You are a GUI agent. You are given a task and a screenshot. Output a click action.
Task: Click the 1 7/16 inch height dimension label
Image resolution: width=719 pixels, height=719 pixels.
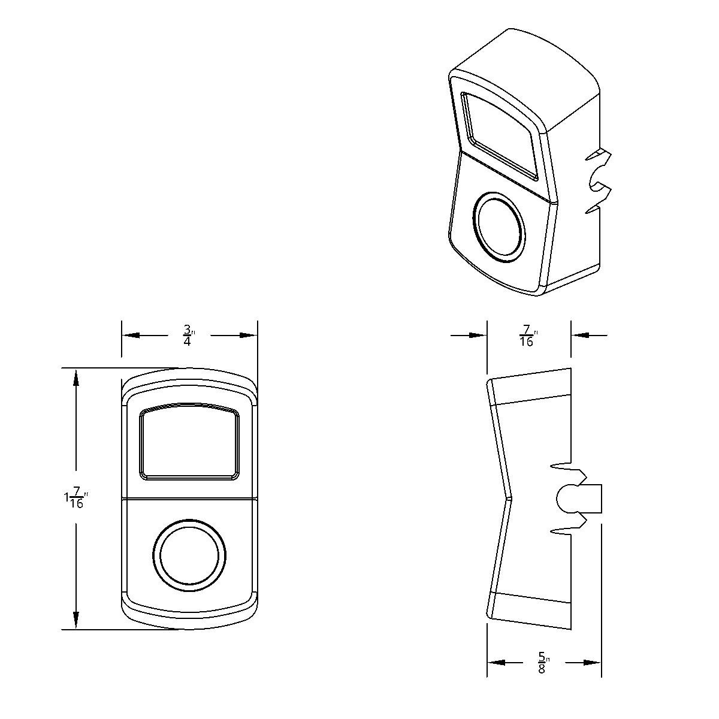pyautogui.click(x=76, y=499)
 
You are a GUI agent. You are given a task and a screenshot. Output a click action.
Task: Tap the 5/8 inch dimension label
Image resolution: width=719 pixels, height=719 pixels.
pyautogui.click(x=542, y=662)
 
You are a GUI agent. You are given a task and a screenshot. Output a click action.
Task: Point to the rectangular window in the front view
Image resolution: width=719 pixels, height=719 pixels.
pyautogui.click(x=190, y=443)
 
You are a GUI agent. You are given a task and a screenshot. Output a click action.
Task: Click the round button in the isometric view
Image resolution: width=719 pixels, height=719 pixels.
pyautogui.click(x=499, y=226)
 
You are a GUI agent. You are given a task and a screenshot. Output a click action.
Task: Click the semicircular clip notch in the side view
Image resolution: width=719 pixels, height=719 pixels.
pyautogui.click(x=566, y=498)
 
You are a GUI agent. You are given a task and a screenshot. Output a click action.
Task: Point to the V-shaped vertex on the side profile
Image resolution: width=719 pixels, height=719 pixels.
pyautogui.click(x=510, y=497)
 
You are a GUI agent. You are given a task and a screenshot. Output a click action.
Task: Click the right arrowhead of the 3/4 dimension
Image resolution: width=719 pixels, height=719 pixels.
pyautogui.click(x=249, y=336)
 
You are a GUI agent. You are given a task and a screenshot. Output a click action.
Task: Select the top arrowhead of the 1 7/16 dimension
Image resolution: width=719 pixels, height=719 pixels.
pyautogui.click(x=76, y=377)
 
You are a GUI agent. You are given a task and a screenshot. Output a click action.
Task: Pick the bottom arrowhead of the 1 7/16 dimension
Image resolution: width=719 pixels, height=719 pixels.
pyautogui.click(x=76, y=620)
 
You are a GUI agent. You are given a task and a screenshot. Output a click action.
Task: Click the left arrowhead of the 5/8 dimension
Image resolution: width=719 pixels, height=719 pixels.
pyautogui.click(x=496, y=662)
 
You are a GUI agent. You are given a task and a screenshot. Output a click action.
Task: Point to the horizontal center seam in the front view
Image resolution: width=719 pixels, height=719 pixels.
pyautogui.click(x=190, y=497)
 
